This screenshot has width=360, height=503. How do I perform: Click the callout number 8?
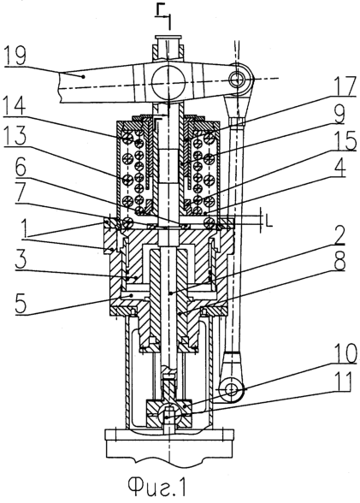[x=339, y=263]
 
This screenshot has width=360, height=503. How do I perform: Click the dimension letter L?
[x=269, y=222]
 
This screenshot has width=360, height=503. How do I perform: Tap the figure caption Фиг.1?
[x=157, y=487]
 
